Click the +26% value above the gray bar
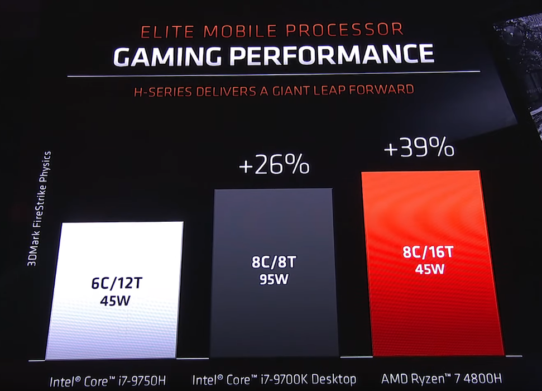(x=274, y=165)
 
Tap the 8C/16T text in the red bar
(x=428, y=252)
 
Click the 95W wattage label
(x=274, y=279)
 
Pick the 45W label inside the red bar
(x=429, y=269)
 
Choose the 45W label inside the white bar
(x=116, y=300)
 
